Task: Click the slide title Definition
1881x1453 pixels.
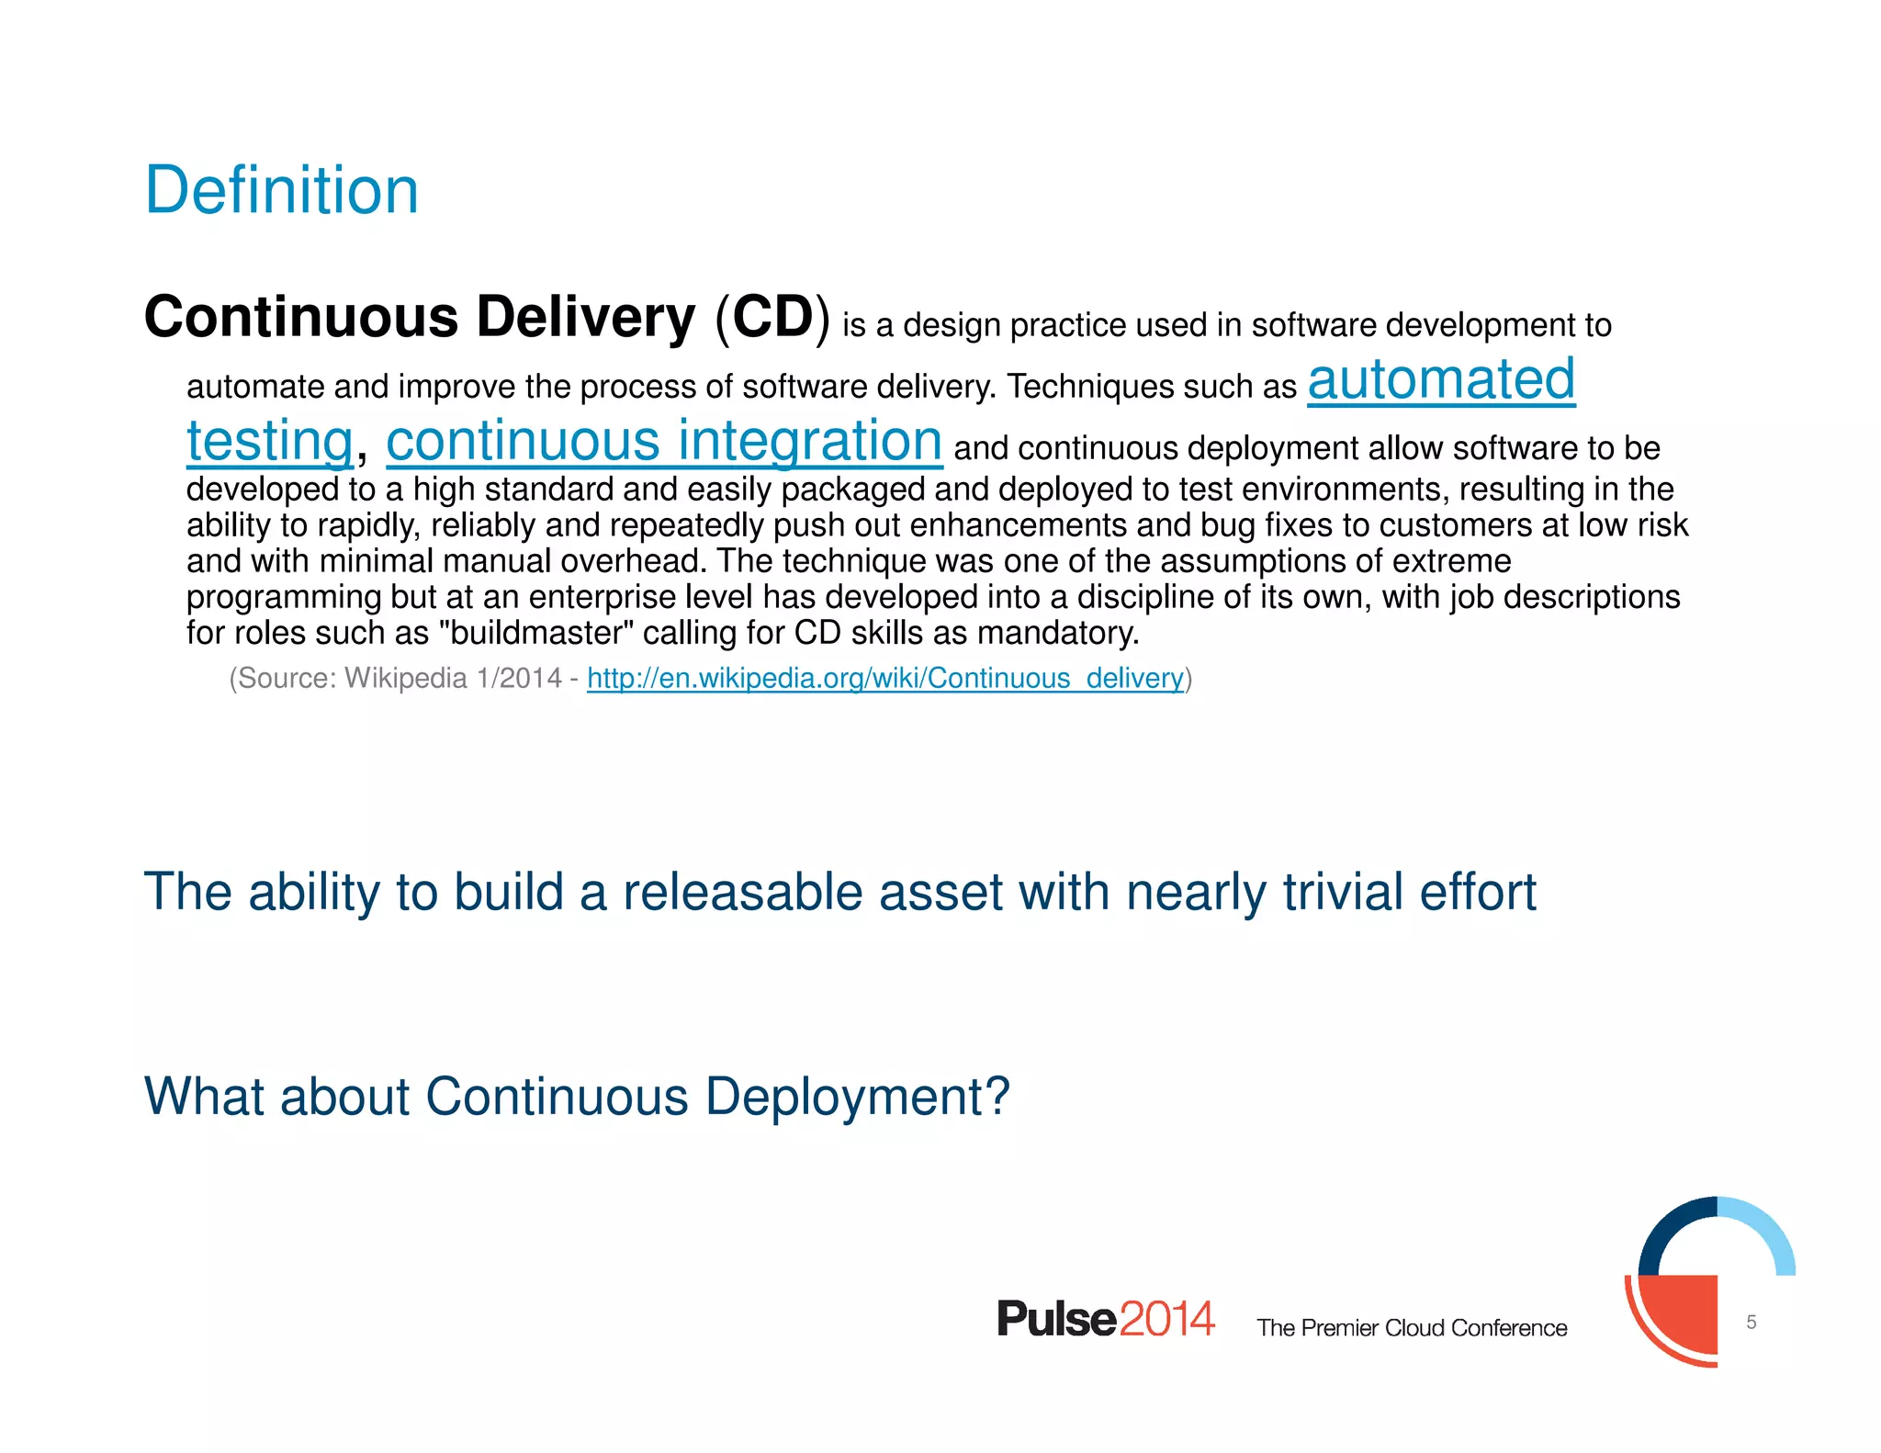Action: (x=281, y=190)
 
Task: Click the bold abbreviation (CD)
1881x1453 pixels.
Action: (x=772, y=317)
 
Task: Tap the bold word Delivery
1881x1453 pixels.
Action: (x=585, y=317)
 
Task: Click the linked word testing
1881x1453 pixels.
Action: (x=269, y=441)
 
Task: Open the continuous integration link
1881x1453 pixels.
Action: (x=663, y=441)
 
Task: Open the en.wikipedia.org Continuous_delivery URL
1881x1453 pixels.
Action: (x=884, y=678)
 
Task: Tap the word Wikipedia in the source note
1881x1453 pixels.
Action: (x=405, y=678)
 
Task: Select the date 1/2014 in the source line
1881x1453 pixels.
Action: (x=519, y=678)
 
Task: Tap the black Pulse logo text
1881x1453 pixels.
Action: (x=1056, y=1319)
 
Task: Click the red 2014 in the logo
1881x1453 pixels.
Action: (x=1166, y=1319)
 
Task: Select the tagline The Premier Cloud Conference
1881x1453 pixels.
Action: (x=1412, y=1328)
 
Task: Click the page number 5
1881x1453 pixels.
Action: (x=1751, y=1322)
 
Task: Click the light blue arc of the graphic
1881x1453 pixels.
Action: (x=1768, y=1231)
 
